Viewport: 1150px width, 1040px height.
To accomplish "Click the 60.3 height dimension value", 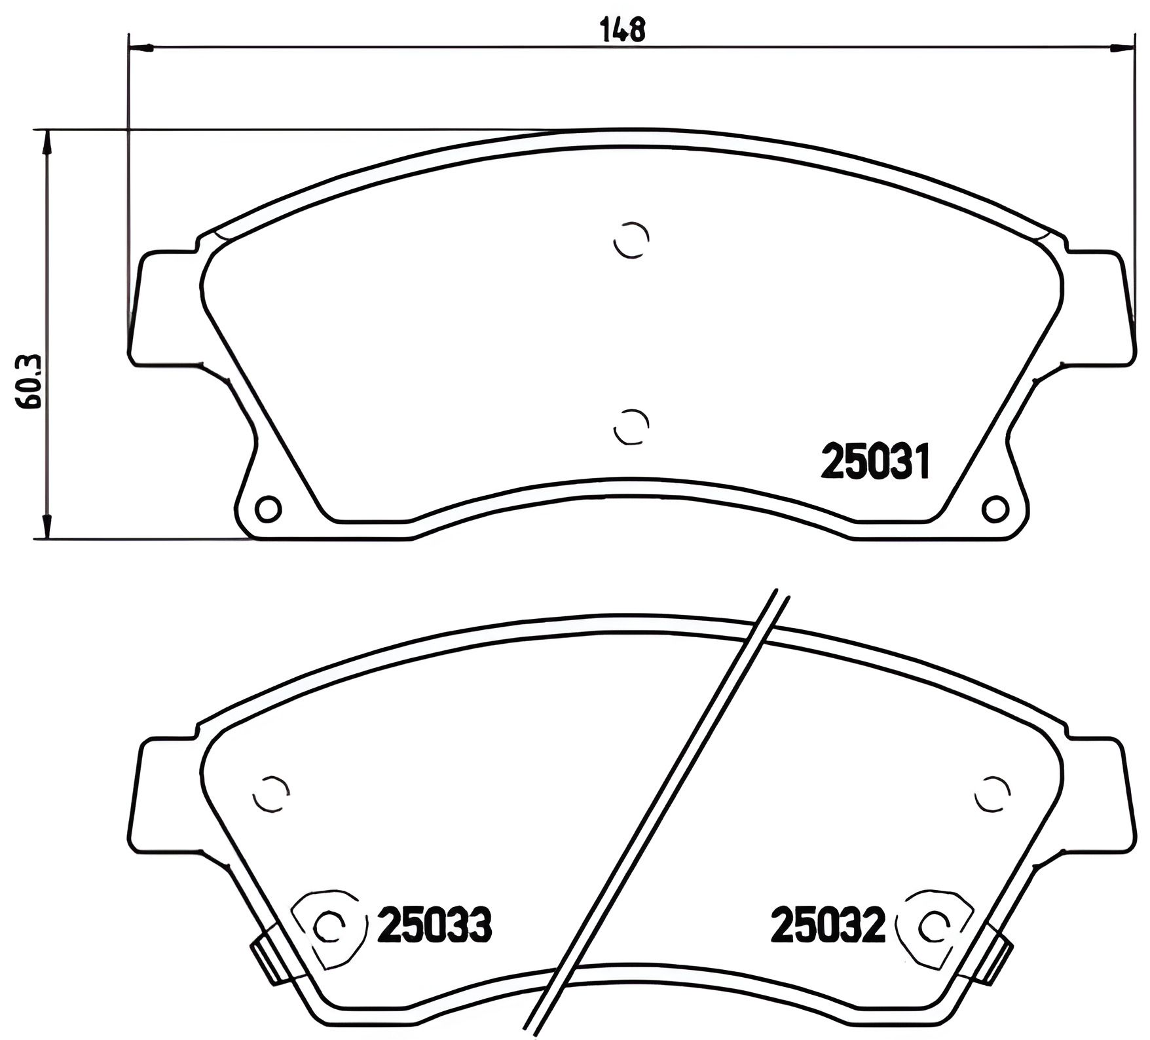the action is click(30, 382).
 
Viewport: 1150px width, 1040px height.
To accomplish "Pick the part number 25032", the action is click(828, 924).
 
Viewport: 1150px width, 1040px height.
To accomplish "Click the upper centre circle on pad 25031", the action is click(631, 240).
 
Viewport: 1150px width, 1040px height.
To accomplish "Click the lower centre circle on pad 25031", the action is click(631, 427).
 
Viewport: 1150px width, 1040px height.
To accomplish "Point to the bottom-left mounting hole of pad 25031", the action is click(268, 508).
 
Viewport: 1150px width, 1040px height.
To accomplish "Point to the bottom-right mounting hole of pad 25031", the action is click(995, 508).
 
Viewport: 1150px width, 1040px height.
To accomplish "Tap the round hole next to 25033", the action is click(327, 925).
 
